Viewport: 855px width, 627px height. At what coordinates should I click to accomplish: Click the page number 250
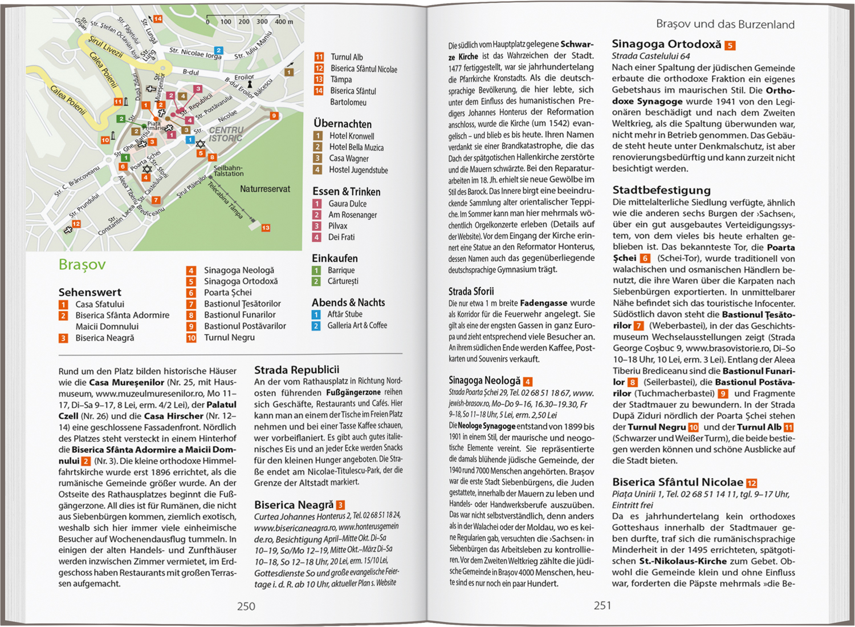point(246,606)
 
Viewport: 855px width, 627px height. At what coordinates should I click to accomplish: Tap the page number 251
point(602,605)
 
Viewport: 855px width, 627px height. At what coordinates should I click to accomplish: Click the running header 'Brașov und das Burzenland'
point(725,24)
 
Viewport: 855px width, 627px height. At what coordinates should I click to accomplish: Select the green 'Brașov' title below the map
point(82,265)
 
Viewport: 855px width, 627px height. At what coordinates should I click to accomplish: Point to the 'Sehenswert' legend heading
point(89,292)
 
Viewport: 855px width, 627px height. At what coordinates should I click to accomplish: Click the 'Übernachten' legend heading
point(342,124)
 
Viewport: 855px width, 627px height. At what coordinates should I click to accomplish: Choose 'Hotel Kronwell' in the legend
point(352,136)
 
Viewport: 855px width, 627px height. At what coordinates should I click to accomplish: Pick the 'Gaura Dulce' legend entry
point(347,204)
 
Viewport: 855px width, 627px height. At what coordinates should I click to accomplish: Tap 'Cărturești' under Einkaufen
point(343,281)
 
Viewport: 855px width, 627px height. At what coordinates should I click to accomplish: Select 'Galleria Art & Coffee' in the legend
point(357,326)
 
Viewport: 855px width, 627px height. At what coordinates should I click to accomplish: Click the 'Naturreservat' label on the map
point(265,189)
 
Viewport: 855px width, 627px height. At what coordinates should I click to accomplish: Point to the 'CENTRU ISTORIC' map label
point(226,134)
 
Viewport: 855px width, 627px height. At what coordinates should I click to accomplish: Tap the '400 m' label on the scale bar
point(284,22)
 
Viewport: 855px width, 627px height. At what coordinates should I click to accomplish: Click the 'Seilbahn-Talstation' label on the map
point(228,171)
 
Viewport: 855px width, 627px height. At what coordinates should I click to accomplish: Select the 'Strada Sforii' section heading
point(471,292)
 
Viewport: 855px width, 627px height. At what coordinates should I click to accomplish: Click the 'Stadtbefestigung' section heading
point(661,190)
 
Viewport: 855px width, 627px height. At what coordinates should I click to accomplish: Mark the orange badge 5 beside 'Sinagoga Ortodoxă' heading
point(730,45)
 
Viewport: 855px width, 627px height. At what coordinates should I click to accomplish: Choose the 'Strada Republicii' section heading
point(296,370)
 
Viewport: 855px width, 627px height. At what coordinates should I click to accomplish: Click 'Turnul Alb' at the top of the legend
point(347,57)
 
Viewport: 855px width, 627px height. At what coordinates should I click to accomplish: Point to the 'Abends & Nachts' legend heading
point(348,302)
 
